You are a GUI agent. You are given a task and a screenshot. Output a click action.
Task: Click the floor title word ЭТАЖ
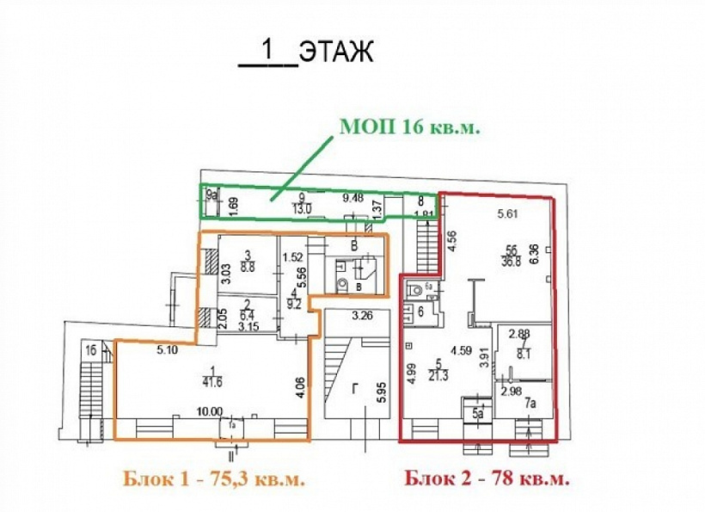click(336, 52)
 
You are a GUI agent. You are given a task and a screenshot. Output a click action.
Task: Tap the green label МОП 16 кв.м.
click(408, 127)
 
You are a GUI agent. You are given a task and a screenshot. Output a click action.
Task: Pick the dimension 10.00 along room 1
click(210, 412)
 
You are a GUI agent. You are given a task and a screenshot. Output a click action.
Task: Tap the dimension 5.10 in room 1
click(167, 351)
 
